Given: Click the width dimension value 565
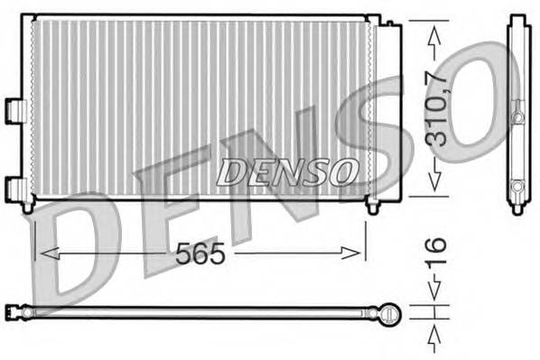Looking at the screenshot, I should pos(200,254).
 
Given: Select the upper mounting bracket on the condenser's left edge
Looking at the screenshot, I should pos(15,107).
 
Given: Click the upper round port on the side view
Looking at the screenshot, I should pos(517,117).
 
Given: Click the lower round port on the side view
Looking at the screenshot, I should pos(517,188).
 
